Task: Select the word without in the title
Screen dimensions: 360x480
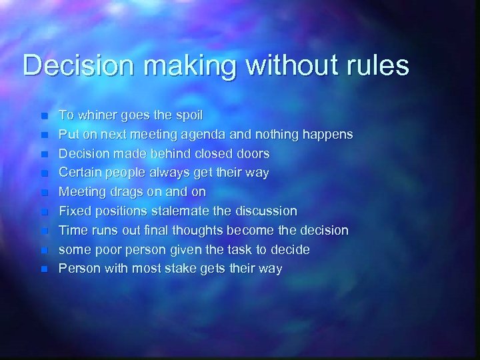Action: point(273,65)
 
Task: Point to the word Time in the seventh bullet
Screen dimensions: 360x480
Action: point(72,231)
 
